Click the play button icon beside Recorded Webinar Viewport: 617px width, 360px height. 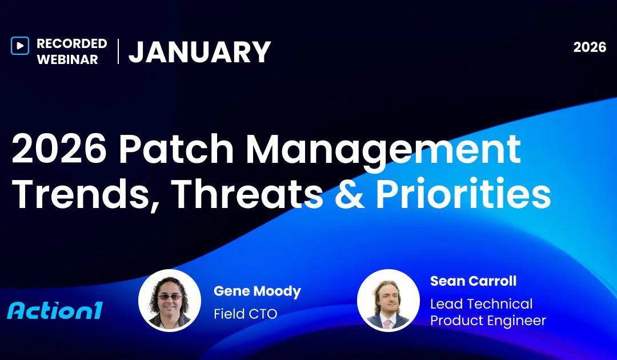point(19,46)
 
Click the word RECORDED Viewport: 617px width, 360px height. point(71,43)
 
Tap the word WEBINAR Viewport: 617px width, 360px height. point(67,59)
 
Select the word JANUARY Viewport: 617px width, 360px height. point(199,52)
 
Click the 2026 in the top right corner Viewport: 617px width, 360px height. point(590,47)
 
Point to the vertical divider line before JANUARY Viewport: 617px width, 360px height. point(118,51)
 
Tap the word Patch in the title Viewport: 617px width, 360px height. point(173,150)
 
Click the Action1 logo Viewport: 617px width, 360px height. point(55,310)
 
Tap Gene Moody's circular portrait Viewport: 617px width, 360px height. point(170,301)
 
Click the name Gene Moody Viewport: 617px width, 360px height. point(257,291)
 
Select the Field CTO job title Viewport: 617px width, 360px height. point(245,314)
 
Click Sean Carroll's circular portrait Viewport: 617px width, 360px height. point(388,301)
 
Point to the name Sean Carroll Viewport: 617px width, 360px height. point(473,281)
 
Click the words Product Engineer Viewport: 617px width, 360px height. point(488,321)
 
